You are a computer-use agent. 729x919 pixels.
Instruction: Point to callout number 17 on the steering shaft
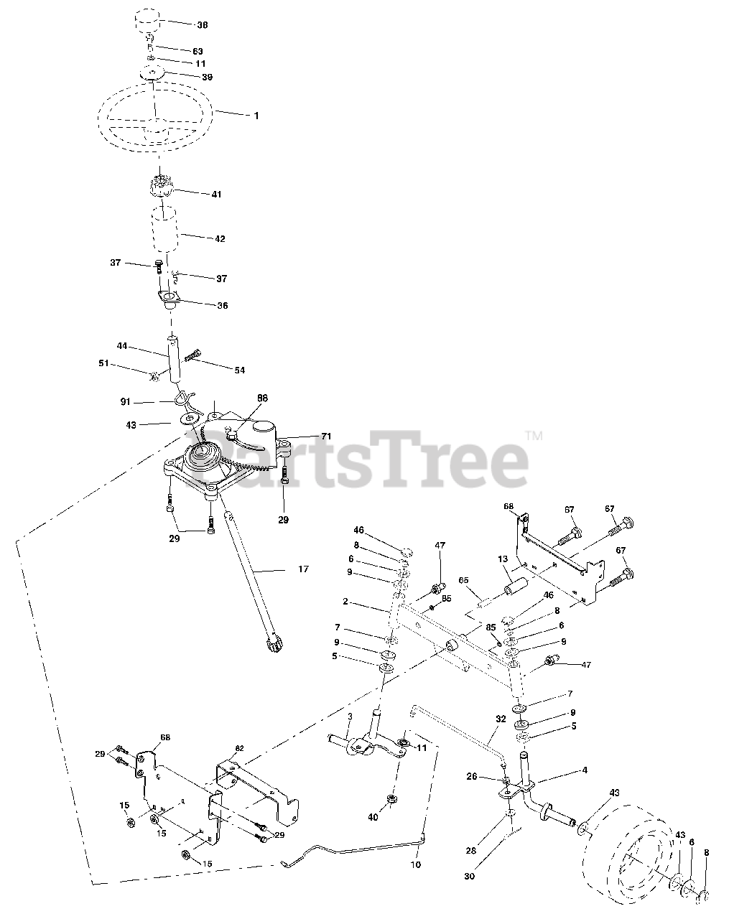303,569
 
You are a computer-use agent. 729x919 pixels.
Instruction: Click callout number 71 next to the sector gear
326,437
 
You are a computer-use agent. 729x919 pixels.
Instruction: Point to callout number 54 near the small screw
239,370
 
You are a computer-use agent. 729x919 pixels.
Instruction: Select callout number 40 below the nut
392,817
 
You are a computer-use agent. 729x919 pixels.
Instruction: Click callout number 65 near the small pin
463,579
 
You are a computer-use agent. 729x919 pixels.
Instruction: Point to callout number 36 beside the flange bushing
222,305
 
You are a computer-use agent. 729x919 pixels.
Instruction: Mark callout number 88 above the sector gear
263,396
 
